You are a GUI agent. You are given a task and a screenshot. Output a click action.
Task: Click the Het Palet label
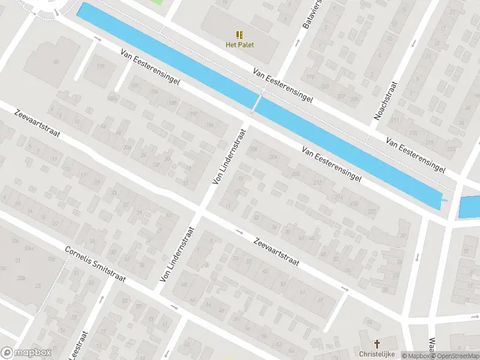(x=239, y=43)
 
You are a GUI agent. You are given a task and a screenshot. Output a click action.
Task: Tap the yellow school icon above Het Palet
(x=239, y=35)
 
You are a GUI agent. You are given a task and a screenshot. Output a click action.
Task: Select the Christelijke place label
(x=376, y=353)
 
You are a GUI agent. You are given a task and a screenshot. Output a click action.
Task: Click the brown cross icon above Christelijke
(x=377, y=344)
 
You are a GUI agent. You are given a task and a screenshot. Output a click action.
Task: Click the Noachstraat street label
(x=386, y=101)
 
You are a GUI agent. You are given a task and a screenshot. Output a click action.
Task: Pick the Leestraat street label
(x=79, y=344)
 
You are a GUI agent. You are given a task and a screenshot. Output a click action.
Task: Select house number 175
(x=100, y=66)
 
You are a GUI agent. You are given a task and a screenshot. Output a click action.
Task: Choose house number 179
(x=310, y=77)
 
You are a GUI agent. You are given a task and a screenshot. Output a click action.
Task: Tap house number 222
(x=371, y=211)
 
